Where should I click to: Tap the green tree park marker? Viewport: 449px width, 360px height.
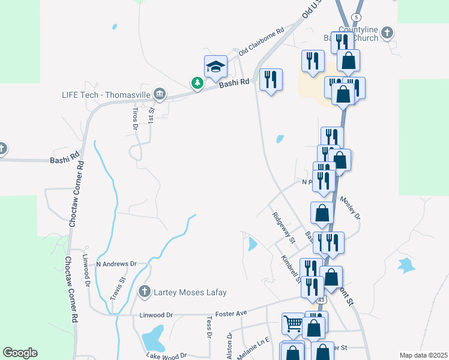pos(197,83)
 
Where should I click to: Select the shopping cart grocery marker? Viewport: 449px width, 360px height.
pos(293,324)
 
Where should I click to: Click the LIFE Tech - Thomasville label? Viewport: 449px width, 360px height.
pos(106,94)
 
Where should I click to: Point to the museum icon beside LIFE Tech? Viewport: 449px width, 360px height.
pos(160,93)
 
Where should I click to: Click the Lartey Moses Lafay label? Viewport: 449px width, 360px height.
pos(191,292)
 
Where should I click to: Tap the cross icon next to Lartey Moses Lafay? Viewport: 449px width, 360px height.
pos(144,292)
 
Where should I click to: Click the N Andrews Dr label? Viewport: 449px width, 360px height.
pos(116,263)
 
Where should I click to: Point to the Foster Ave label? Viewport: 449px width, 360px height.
pos(232,313)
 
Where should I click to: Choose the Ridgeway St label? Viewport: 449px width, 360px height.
pos(284,228)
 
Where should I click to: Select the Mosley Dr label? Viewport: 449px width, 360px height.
pos(350,207)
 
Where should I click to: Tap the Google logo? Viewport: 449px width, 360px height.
pos(20,353)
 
